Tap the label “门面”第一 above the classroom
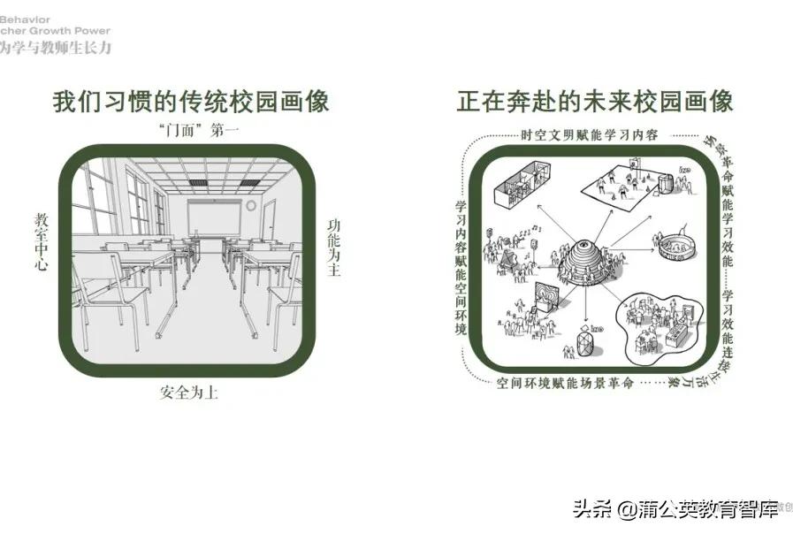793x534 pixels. click(190, 130)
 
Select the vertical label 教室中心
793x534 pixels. click(41, 240)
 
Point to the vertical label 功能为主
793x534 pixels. click(333, 247)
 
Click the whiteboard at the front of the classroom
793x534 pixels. click(213, 217)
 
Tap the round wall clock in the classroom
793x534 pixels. click(251, 205)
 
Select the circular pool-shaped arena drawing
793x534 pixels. click(675, 246)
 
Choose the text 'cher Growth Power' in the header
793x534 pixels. click(56, 30)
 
